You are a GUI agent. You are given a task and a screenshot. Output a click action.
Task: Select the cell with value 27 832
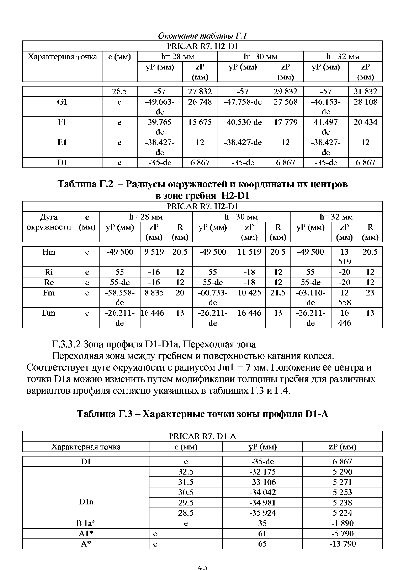[x=200, y=92]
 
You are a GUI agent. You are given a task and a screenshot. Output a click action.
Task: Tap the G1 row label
[x=62, y=102]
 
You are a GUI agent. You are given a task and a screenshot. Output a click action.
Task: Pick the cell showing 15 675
[x=200, y=122]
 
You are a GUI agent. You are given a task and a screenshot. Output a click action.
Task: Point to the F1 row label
[x=62, y=122]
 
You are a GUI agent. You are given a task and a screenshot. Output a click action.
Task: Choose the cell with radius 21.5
[x=278, y=293]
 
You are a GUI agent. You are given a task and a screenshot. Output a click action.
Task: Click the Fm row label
[x=49, y=293]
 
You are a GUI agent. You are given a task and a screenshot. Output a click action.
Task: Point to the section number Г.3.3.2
[x=66, y=344]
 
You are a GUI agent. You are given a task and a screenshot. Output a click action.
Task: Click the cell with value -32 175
[x=262, y=472]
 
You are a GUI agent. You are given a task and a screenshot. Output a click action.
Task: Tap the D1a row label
[x=86, y=502]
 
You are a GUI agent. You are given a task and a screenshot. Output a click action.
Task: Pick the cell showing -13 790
[x=342, y=544]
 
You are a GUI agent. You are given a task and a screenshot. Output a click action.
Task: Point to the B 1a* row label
[x=86, y=523]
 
